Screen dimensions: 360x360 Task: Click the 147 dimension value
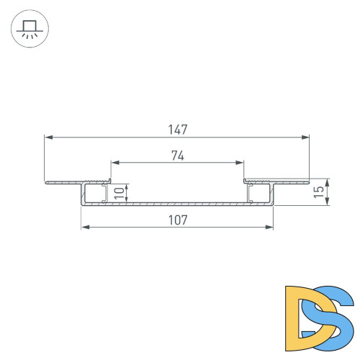point(177,130)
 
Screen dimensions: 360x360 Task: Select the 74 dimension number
point(177,154)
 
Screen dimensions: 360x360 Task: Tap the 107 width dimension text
point(177,220)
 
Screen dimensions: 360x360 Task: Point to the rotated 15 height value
point(318,192)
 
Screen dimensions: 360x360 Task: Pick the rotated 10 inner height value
point(118,193)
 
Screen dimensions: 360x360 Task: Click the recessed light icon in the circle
point(30,30)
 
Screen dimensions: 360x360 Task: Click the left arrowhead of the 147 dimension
point(48,136)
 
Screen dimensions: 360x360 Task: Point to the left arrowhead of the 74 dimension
point(114,161)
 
